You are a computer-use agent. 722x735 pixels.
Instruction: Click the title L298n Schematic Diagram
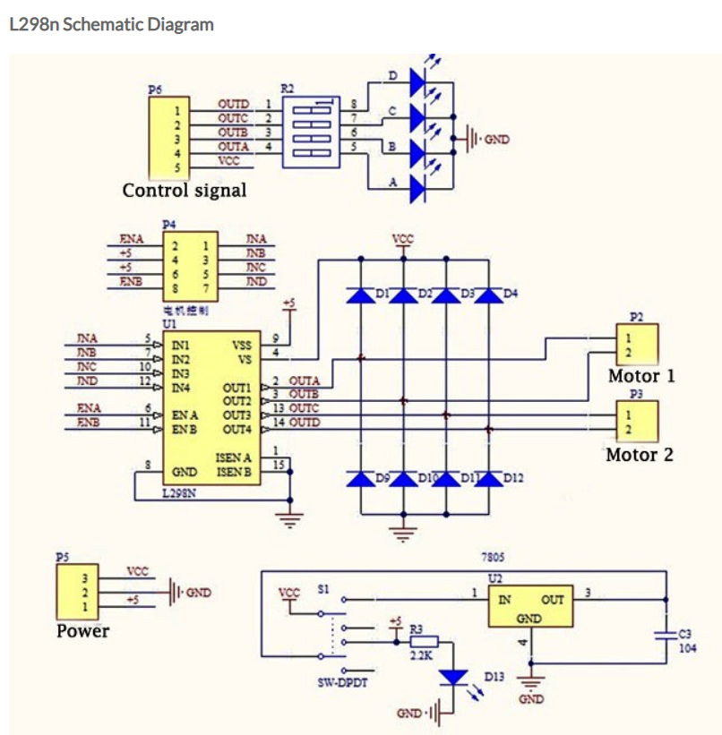pyautogui.click(x=111, y=24)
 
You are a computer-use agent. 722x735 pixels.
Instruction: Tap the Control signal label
pyautogui.click(x=184, y=190)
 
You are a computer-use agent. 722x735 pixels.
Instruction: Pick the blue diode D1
pyautogui.click(x=360, y=295)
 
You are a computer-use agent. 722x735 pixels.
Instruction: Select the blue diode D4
pyautogui.click(x=488, y=295)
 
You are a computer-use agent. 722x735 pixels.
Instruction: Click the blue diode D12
pyautogui.click(x=488, y=479)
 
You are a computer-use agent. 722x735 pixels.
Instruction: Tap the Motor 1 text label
pyautogui.click(x=640, y=375)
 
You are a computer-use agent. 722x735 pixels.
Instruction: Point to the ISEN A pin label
pyautogui.click(x=234, y=457)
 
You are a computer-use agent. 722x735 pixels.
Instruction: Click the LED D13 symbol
pyautogui.click(x=457, y=678)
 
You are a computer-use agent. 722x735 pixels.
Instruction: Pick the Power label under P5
pyautogui.click(x=82, y=630)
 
